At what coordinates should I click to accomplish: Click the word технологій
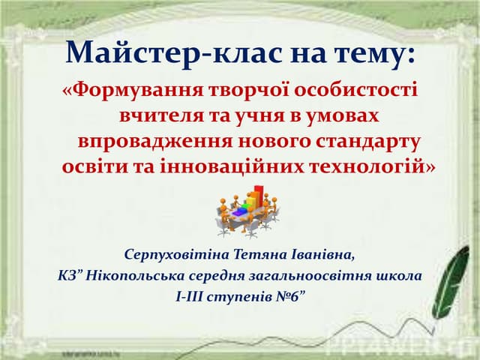pyautogui.click(x=365, y=166)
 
